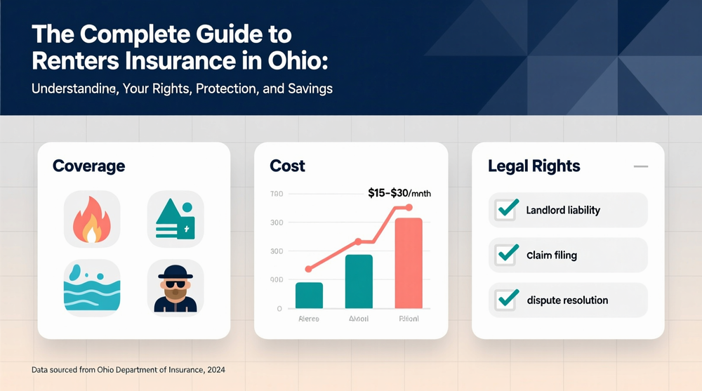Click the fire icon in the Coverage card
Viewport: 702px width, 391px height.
pos(92,219)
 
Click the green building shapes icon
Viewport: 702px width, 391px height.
pos(175,219)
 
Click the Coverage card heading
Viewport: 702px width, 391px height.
pos(88,166)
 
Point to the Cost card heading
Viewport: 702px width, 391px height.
pos(287,166)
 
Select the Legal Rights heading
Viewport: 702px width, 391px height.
pos(534,166)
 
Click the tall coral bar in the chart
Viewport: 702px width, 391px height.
pos(409,263)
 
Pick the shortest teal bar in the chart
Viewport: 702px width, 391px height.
pos(309,295)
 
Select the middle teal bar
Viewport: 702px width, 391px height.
pos(359,281)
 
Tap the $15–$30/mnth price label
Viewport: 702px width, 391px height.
pos(399,192)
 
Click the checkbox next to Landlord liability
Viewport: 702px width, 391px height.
pos(506,209)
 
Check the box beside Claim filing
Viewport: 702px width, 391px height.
pos(506,255)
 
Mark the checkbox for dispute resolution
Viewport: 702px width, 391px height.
pos(506,300)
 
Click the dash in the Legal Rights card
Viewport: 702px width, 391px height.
pos(640,166)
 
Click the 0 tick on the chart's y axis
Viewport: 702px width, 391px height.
pos(279,308)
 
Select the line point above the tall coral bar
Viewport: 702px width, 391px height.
pos(409,208)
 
